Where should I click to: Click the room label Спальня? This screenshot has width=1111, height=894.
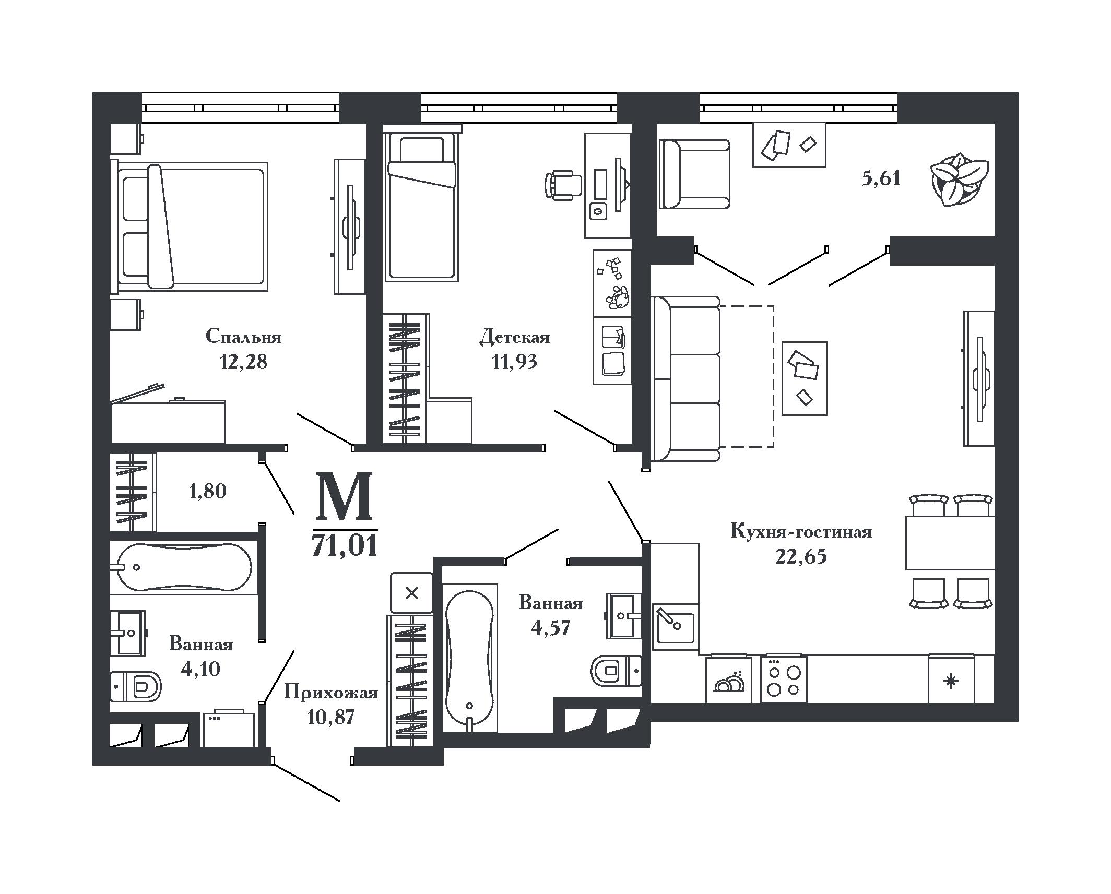[243, 337]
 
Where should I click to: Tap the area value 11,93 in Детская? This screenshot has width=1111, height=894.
[514, 362]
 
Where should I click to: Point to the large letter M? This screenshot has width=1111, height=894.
[345, 496]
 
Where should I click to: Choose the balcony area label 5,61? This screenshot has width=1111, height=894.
[881, 179]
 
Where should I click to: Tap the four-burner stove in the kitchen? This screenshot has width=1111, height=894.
[784, 679]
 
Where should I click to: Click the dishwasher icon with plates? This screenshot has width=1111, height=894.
[728, 679]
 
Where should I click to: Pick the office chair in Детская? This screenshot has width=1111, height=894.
[563, 185]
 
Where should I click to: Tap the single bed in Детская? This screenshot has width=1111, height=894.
[421, 206]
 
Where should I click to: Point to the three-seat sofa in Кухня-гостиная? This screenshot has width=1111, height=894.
[685, 379]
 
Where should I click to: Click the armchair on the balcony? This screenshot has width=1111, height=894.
[694, 174]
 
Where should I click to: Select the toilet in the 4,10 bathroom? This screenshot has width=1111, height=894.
[136, 686]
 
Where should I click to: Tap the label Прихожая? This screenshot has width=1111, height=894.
[331, 694]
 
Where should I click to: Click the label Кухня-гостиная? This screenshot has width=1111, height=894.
[801, 532]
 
